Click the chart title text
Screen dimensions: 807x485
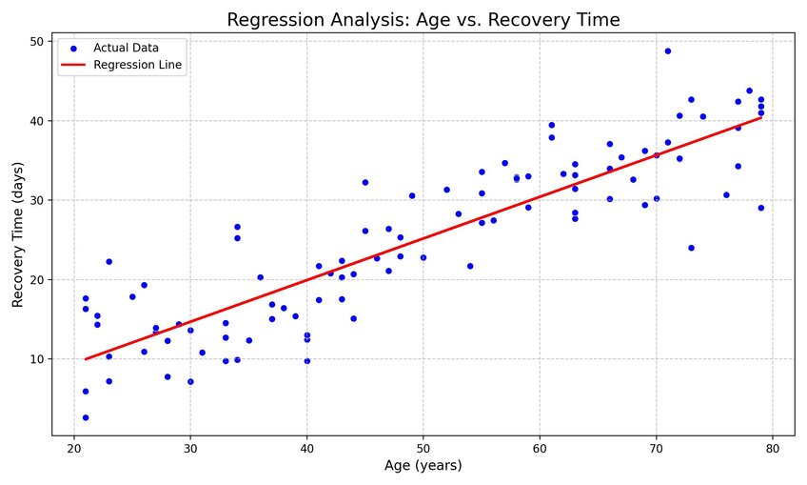(x=423, y=20)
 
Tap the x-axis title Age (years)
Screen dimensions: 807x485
(x=423, y=465)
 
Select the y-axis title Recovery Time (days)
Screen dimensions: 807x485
(x=17, y=234)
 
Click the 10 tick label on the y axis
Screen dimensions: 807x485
(x=37, y=359)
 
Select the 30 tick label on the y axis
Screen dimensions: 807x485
(x=37, y=200)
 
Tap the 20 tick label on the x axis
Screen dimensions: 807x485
(x=74, y=449)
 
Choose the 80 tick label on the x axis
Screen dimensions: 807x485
(x=773, y=449)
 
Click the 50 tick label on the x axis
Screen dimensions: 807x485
(x=423, y=449)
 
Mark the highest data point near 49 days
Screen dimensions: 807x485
(x=668, y=51)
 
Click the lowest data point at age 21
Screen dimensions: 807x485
(x=86, y=417)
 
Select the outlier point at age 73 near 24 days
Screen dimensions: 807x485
(x=691, y=248)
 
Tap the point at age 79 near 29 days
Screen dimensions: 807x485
(x=761, y=208)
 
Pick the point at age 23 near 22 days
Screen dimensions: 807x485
(x=109, y=262)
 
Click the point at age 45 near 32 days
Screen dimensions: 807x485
(x=365, y=182)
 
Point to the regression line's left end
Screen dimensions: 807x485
(x=86, y=359)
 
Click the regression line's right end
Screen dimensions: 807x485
(x=761, y=117)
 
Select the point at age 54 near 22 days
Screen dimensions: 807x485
(x=470, y=267)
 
